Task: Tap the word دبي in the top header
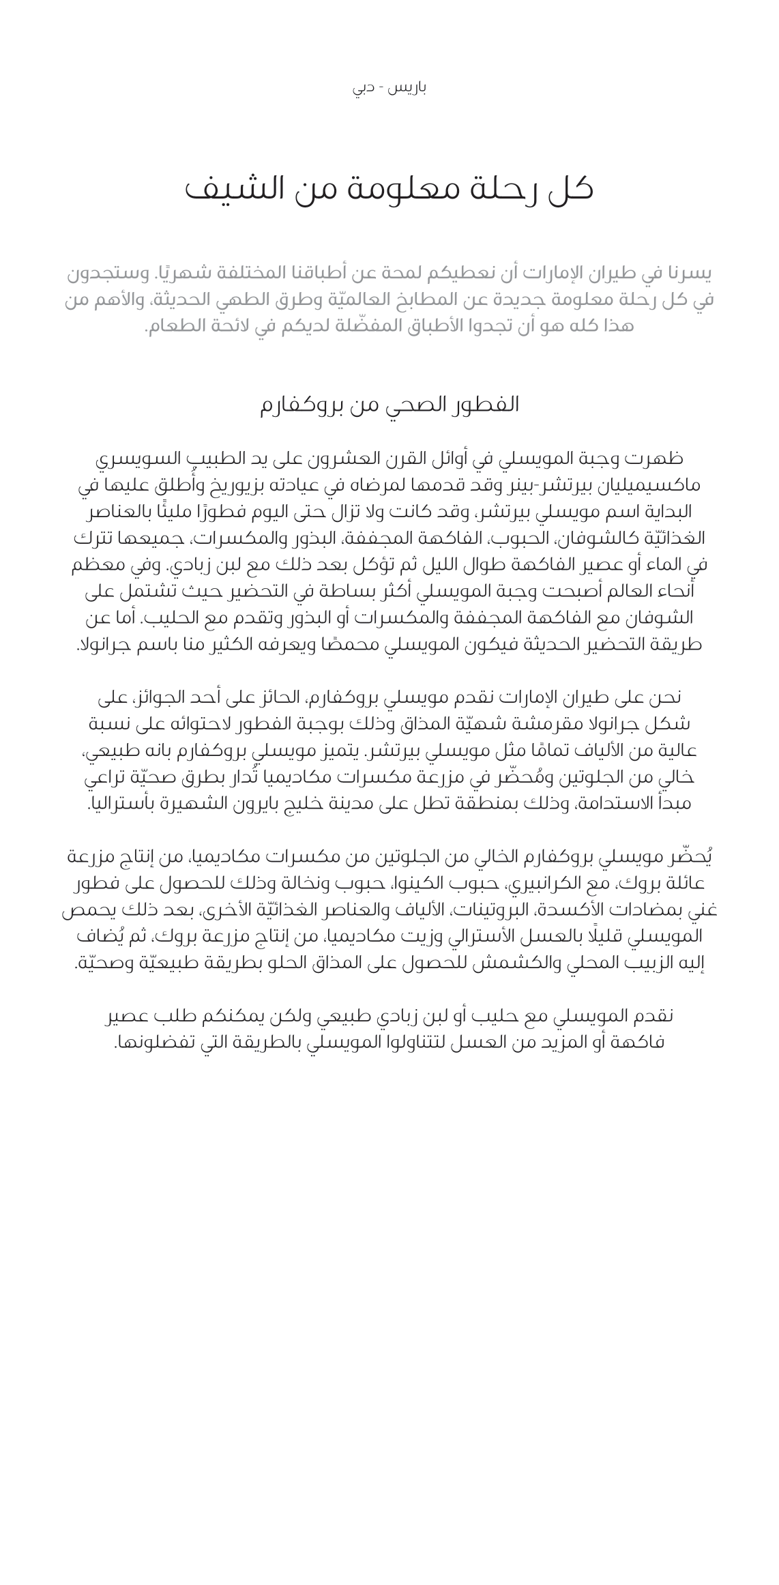coord(364,88)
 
